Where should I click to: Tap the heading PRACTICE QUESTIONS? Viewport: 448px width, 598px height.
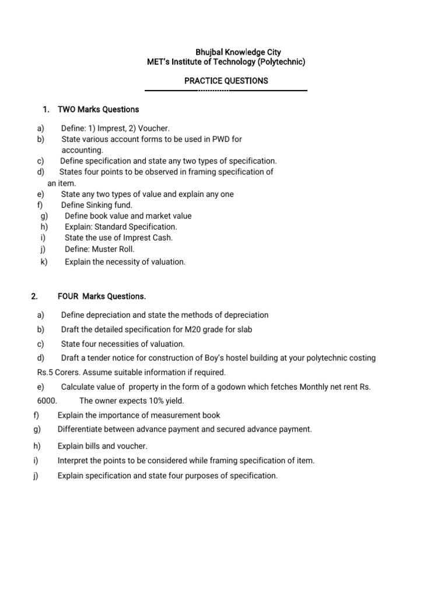coord(226,81)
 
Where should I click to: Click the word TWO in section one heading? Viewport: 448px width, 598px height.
coord(67,109)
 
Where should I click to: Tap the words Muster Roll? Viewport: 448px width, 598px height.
coord(113,249)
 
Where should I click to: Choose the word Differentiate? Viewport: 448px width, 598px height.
coord(80,429)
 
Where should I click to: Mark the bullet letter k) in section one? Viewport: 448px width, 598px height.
coord(44,262)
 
